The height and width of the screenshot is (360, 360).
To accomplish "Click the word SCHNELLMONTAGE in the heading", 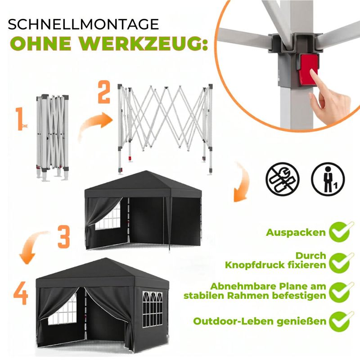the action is pos(83,24).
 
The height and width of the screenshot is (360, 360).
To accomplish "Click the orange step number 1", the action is pos(19,119).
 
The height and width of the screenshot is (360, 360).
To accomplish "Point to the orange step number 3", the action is pos(63,237).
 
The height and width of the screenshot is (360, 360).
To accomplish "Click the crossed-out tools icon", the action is pos(283,179).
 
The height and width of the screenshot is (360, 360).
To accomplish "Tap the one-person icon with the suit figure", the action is pos(328,179).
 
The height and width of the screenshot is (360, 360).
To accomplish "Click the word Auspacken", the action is pos(296,233).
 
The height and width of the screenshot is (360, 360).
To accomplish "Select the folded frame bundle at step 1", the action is pos(52,137).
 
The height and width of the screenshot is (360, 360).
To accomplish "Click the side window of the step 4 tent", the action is pos(153,309).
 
